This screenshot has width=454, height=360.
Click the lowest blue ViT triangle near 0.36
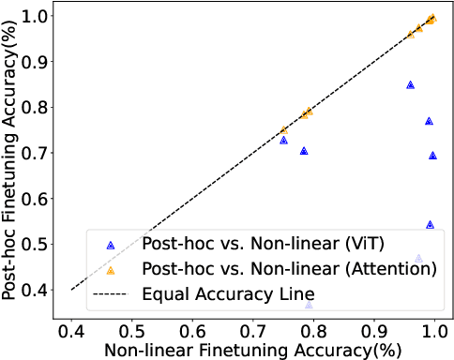(310, 306)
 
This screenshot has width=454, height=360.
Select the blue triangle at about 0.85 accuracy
(410, 85)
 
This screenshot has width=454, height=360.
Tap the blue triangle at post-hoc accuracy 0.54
(430, 225)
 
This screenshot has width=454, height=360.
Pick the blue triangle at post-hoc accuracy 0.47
(418, 259)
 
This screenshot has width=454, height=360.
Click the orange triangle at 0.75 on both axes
(283, 130)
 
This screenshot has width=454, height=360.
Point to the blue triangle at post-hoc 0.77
(429, 121)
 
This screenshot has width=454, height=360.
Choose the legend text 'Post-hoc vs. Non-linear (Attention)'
(289, 269)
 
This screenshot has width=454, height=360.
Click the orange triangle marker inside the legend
(111, 269)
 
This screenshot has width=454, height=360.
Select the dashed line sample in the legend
(111, 293)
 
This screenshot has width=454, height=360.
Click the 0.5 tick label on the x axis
(132, 330)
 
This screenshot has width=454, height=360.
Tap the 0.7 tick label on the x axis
(253, 330)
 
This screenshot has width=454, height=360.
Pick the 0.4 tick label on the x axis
(71, 330)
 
